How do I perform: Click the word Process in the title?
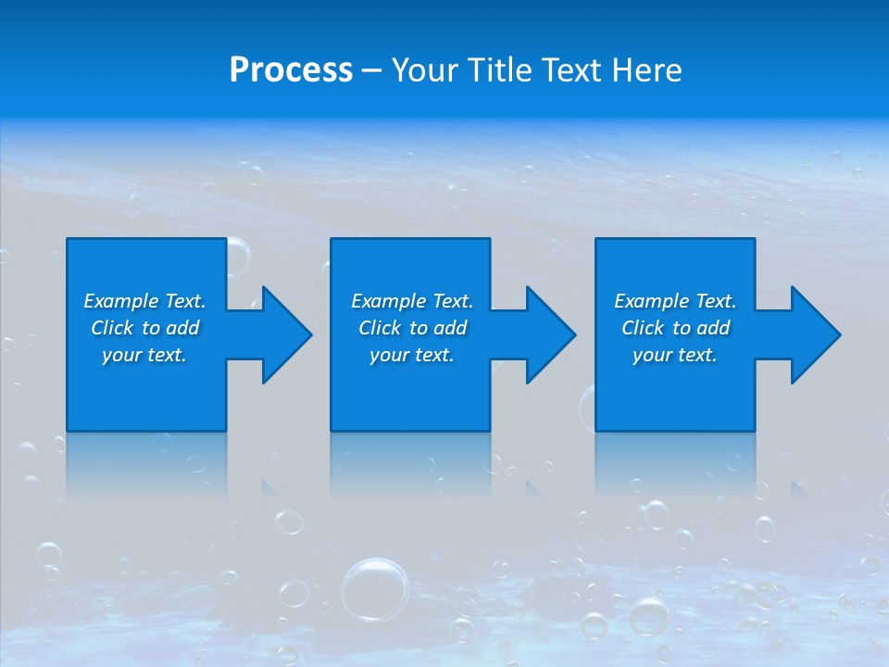[x=291, y=70]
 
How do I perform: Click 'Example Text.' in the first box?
[x=144, y=301]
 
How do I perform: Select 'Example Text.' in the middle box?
[x=411, y=301]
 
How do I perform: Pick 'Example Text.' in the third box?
[x=675, y=301]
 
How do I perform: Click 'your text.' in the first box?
[x=144, y=355]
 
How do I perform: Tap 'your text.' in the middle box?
[x=411, y=355]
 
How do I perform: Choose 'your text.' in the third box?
[x=675, y=355]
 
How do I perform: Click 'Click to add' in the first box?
[x=144, y=328]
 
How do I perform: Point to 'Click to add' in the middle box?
[x=411, y=328]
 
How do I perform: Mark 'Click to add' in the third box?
[x=675, y=328]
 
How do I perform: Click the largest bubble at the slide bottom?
[x=375, y=588]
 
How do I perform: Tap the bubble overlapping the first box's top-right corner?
[x=235, y=255]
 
